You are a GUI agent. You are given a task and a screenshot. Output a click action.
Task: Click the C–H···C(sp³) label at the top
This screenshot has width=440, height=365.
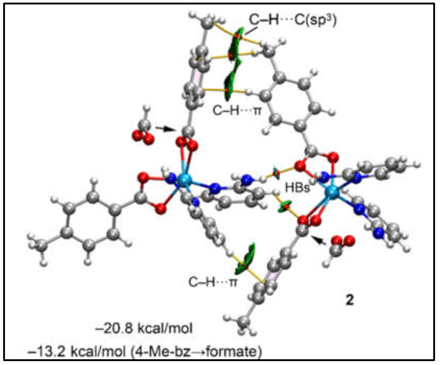(293, 20)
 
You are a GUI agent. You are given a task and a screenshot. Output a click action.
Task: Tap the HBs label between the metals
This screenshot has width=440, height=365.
(298, 187)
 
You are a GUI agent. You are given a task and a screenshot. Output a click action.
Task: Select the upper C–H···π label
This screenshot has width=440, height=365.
(237, 111)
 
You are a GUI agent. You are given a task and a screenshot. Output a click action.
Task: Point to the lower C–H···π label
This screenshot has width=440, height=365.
(213, 282)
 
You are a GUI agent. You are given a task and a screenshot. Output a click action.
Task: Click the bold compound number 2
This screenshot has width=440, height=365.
(349, 300)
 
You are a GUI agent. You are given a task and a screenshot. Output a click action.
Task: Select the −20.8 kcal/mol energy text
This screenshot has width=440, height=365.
(144, 328)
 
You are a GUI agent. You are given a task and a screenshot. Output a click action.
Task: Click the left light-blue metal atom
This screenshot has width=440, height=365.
(185, 179)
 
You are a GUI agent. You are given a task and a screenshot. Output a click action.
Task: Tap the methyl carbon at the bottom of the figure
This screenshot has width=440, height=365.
(245, 322)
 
